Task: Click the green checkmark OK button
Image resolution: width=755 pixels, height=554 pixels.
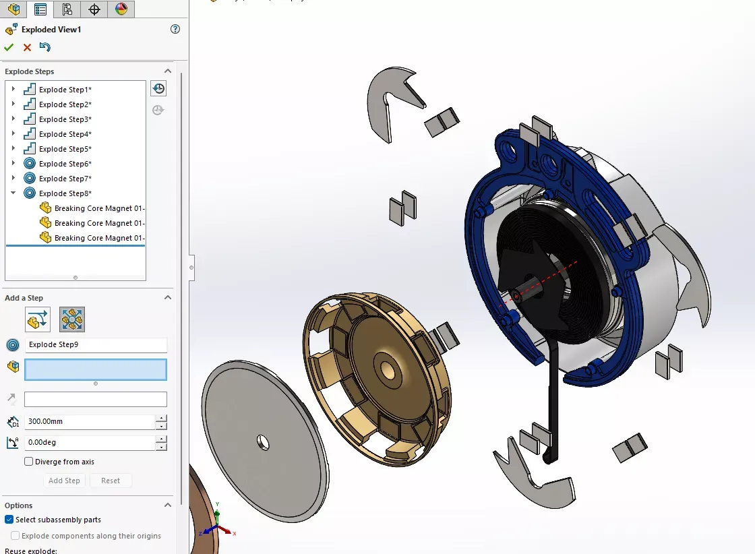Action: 9,47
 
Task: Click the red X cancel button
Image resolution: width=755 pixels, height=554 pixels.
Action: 27,47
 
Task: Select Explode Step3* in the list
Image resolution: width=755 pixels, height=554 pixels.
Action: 65,119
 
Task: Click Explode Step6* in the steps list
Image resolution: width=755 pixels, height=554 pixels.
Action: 65,164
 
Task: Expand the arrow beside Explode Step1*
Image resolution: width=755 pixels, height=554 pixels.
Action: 13,90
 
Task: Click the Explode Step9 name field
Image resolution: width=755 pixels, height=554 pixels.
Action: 96,345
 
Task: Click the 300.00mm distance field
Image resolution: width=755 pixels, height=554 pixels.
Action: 90,422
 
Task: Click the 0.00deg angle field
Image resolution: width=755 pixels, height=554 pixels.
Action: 90,443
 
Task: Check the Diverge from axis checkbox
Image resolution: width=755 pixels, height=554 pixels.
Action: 29,462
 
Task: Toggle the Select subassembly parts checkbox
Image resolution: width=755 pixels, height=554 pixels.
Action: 9,520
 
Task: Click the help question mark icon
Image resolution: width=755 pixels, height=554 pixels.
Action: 175,29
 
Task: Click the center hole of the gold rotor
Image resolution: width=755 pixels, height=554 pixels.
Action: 387,369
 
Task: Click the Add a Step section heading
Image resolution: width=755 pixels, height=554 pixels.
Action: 24,298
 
